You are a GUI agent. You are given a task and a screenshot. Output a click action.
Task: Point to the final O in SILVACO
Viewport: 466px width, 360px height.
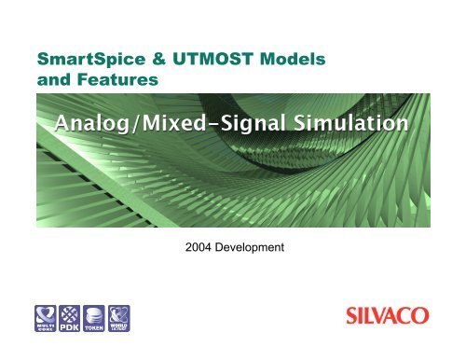[430, 318]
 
